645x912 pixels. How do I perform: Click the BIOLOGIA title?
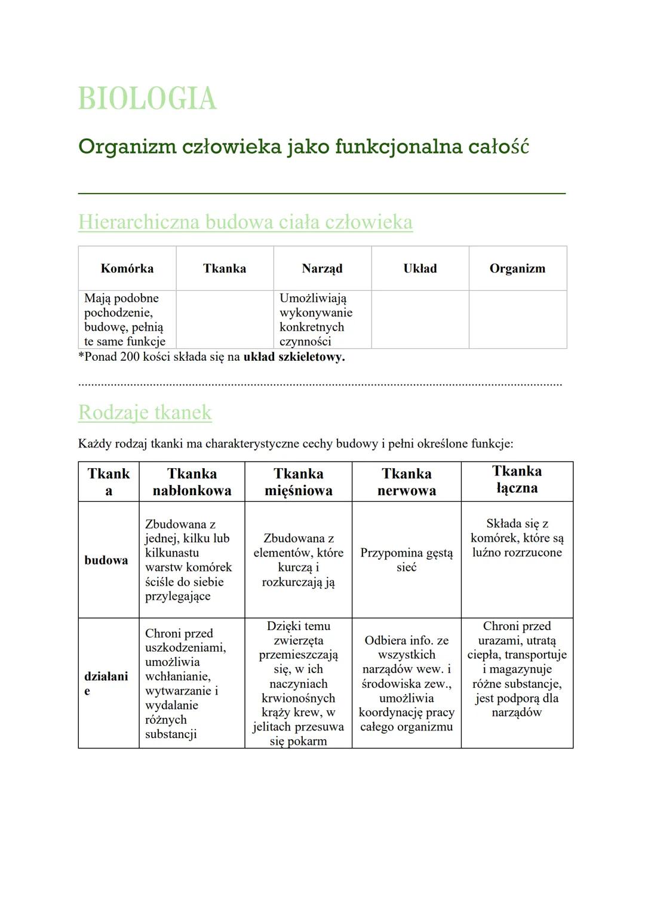(x=147, y=99)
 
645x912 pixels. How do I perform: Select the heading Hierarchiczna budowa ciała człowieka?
(x=245, y=222)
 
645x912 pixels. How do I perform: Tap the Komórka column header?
(x=127, y=269)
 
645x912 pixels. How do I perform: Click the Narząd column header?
(x=322, y=269)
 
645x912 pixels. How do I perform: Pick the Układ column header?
(x=420, y=269)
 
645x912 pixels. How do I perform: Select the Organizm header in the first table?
(x=517, y=269)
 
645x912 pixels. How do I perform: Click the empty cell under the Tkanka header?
(x=225, y=320)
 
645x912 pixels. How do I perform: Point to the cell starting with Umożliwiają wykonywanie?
(x=316, y=320)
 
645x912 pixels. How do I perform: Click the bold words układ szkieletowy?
(x=294, y=357)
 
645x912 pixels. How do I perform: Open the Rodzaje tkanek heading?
(x=145, y=412)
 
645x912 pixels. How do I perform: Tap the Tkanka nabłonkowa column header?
(x=192, y=482)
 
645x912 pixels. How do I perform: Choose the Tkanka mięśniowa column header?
(x=298, y=482)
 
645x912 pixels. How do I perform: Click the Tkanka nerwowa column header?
(x=406, y=482)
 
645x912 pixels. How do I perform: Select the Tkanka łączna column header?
(x=517, y=480)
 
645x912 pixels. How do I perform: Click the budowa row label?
(x=106, y=560)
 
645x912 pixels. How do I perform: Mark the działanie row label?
(x=106, y=683)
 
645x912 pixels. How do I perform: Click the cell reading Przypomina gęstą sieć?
(x=406, y=560)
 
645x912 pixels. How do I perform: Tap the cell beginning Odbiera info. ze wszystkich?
(x=406, y=683)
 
